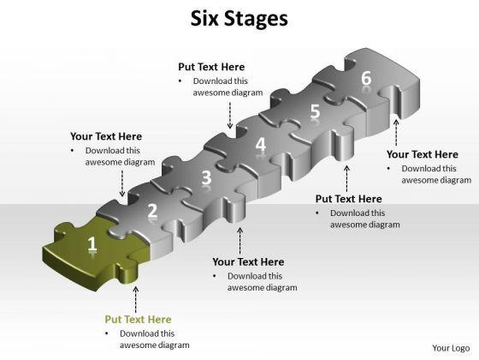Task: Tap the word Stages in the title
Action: [256, 20]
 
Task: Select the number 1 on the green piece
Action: [92, 244]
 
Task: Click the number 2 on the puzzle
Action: [152, 211]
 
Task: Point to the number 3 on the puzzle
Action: [206, 177]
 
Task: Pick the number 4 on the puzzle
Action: [261, 144]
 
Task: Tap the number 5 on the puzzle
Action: [315, 111]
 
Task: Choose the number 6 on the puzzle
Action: [366, 78]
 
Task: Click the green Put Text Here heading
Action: [138, 319]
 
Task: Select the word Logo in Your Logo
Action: [460, 349]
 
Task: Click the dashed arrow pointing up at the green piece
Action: [136, 300]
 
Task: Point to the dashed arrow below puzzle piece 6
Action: [396, 133]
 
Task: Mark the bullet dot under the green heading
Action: [107, 333]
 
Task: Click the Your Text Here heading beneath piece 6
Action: [423, 154]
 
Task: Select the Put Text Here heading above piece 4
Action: [211, 67]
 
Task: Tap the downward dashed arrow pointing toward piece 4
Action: [230, 115]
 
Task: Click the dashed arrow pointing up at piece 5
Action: [346, 178]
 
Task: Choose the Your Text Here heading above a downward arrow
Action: [106, 136]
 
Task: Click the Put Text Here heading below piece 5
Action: [349, 199]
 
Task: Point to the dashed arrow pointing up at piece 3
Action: [240, 240]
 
